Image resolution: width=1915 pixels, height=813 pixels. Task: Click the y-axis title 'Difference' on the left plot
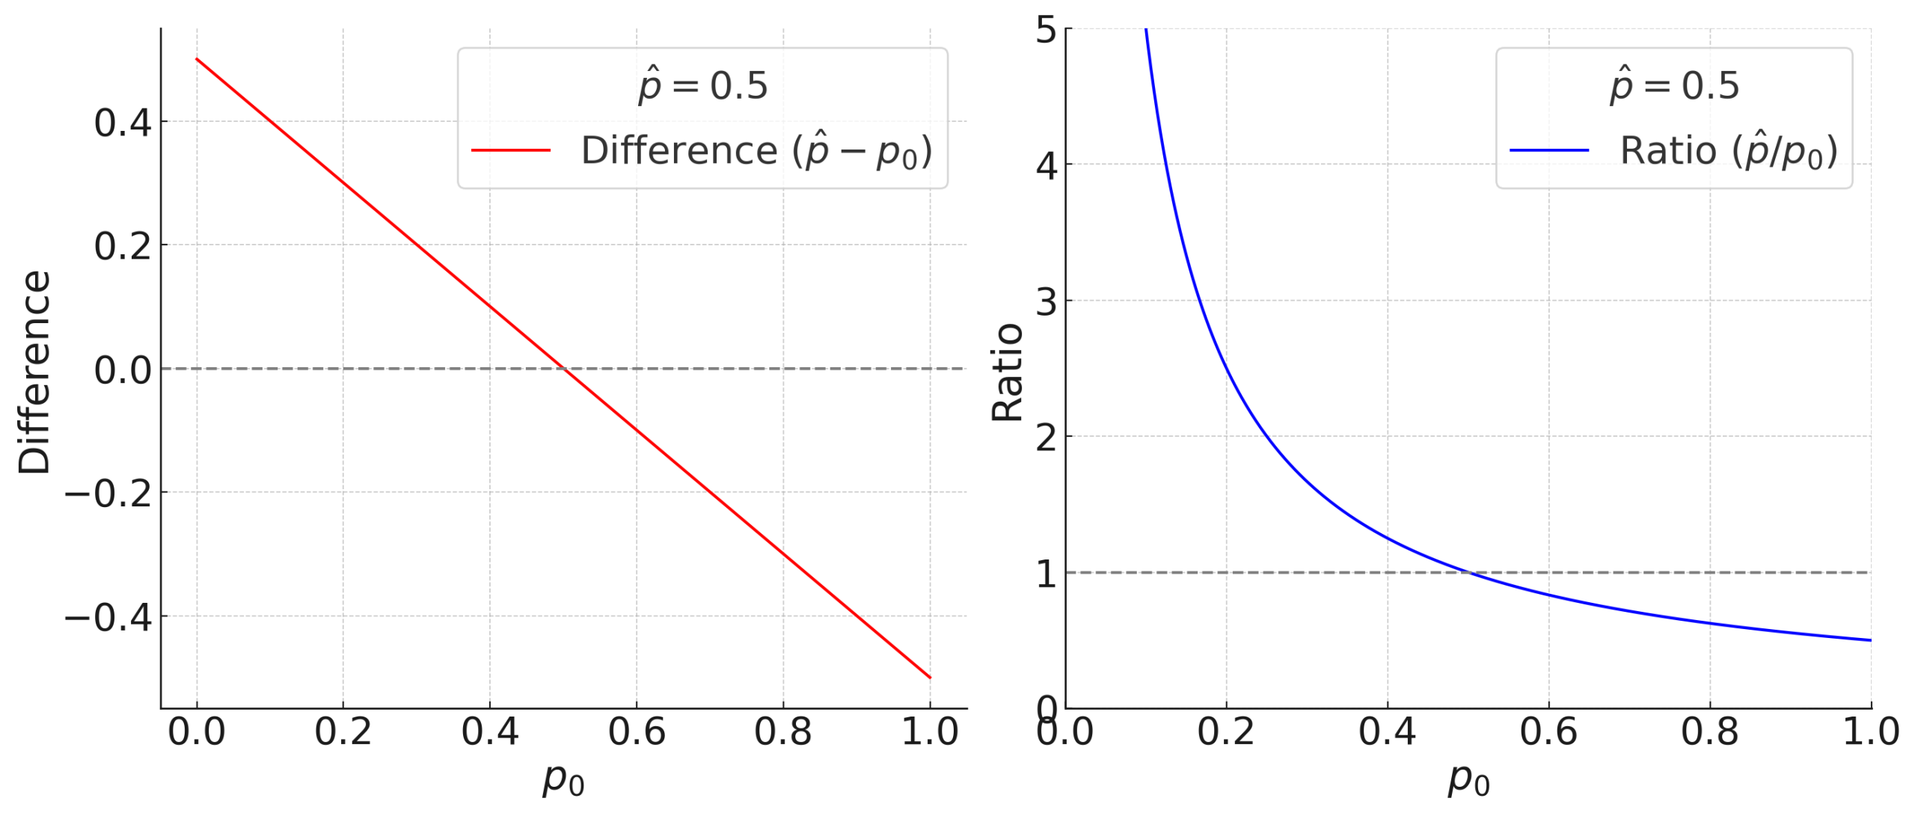34,372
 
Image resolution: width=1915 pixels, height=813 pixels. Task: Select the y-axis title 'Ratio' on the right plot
1007,372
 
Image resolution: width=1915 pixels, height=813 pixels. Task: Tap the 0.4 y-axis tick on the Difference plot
123,123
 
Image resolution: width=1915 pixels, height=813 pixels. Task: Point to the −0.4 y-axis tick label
108,618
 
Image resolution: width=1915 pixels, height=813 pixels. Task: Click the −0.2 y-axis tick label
108,494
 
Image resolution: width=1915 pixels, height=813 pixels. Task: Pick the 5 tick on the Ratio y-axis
1046,31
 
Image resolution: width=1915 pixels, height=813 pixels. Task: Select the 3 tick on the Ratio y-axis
1046,302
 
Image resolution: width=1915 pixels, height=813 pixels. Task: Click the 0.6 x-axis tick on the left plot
637,731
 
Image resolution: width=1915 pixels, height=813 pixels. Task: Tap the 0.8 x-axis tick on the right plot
1710,731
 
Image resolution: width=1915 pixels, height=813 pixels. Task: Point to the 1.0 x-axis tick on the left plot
930,731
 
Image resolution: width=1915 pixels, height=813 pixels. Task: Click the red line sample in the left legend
511,150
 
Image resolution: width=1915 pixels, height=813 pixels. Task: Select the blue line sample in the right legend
1549,150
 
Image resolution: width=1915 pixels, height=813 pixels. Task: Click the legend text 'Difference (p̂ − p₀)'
756,151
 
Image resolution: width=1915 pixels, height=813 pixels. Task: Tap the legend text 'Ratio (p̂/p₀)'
1728,151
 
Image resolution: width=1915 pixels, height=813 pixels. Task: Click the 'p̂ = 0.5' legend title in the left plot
702,85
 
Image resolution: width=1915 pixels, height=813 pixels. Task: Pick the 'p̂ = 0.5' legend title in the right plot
1674,85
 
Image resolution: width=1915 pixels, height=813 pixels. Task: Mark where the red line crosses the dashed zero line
563,369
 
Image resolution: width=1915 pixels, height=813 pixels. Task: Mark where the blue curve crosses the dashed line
1469,573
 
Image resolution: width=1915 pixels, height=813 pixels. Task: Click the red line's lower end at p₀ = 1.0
930,678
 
